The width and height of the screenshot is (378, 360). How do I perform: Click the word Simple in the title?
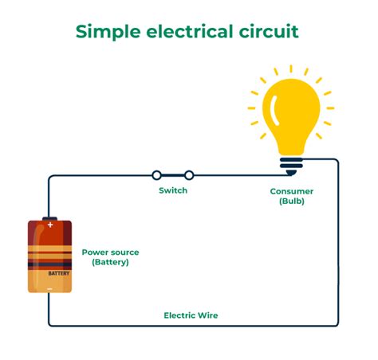coord(108,32)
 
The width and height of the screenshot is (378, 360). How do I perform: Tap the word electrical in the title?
coord(190,31)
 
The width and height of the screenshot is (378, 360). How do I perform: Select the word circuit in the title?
coord(269,31)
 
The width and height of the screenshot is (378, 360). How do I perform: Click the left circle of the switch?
coord(156,175)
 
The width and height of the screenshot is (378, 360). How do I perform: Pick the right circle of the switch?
coord(189,175)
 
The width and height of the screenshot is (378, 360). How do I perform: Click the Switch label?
coord(173,190)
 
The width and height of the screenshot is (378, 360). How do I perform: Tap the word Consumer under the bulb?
coord(292,191)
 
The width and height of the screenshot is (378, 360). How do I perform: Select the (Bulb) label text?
coord(292,201)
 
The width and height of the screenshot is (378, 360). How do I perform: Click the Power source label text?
coord(110,252)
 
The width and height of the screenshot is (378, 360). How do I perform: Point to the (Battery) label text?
coord(110,262)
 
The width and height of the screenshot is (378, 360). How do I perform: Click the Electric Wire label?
coord(191,315)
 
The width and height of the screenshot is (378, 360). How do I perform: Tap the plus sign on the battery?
coord(50,225)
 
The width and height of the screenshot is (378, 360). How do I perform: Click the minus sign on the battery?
coord(49,288)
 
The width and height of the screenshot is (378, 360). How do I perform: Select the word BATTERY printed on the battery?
coord(59,273)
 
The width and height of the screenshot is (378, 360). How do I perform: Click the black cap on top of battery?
coord(49,218)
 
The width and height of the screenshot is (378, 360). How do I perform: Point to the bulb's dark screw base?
coord(291,166)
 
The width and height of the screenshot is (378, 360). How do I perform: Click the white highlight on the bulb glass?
coord(274,110)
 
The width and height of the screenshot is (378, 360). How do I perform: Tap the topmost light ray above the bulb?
coord(291,68)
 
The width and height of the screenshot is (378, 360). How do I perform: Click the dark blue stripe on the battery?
coord(49,264)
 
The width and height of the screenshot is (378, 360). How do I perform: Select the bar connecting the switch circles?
coord(173,175)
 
